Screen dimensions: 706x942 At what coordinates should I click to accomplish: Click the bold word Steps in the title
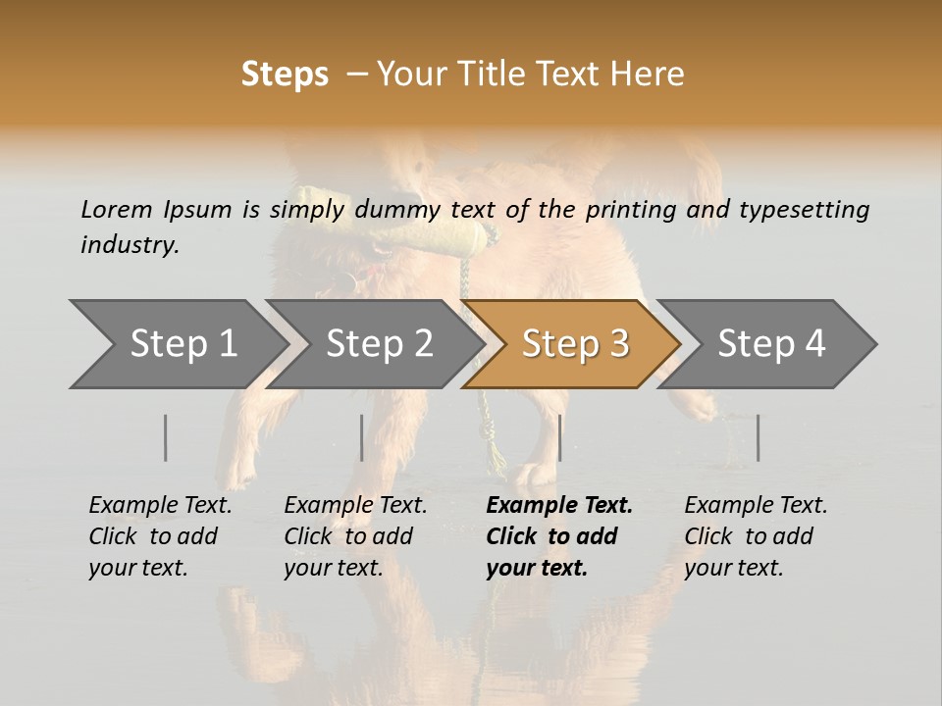coord(285,75)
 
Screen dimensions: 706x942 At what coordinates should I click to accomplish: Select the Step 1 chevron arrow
coord(177,344)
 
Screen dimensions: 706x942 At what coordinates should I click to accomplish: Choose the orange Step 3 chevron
coord(574,344)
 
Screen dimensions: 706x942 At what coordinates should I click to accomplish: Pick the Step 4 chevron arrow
coord(771,344)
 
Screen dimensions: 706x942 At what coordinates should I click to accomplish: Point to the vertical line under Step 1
coord(166,437)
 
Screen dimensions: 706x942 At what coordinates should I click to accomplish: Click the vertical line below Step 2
coord(362,437)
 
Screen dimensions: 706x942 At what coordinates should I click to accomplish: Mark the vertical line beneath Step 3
coord(559,437)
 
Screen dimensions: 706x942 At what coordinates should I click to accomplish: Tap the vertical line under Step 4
coord(759,437)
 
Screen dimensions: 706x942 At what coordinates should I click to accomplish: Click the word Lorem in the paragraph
coord(117,210)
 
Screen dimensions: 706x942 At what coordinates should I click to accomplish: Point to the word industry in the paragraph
coord(130,245)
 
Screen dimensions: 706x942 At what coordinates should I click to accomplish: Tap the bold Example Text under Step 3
coord(559,506)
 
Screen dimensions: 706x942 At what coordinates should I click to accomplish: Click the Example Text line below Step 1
coord(160,506)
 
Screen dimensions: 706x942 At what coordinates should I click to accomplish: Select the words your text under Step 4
coord(733,568)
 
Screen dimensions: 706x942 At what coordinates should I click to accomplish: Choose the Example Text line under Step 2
coord(355,506)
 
